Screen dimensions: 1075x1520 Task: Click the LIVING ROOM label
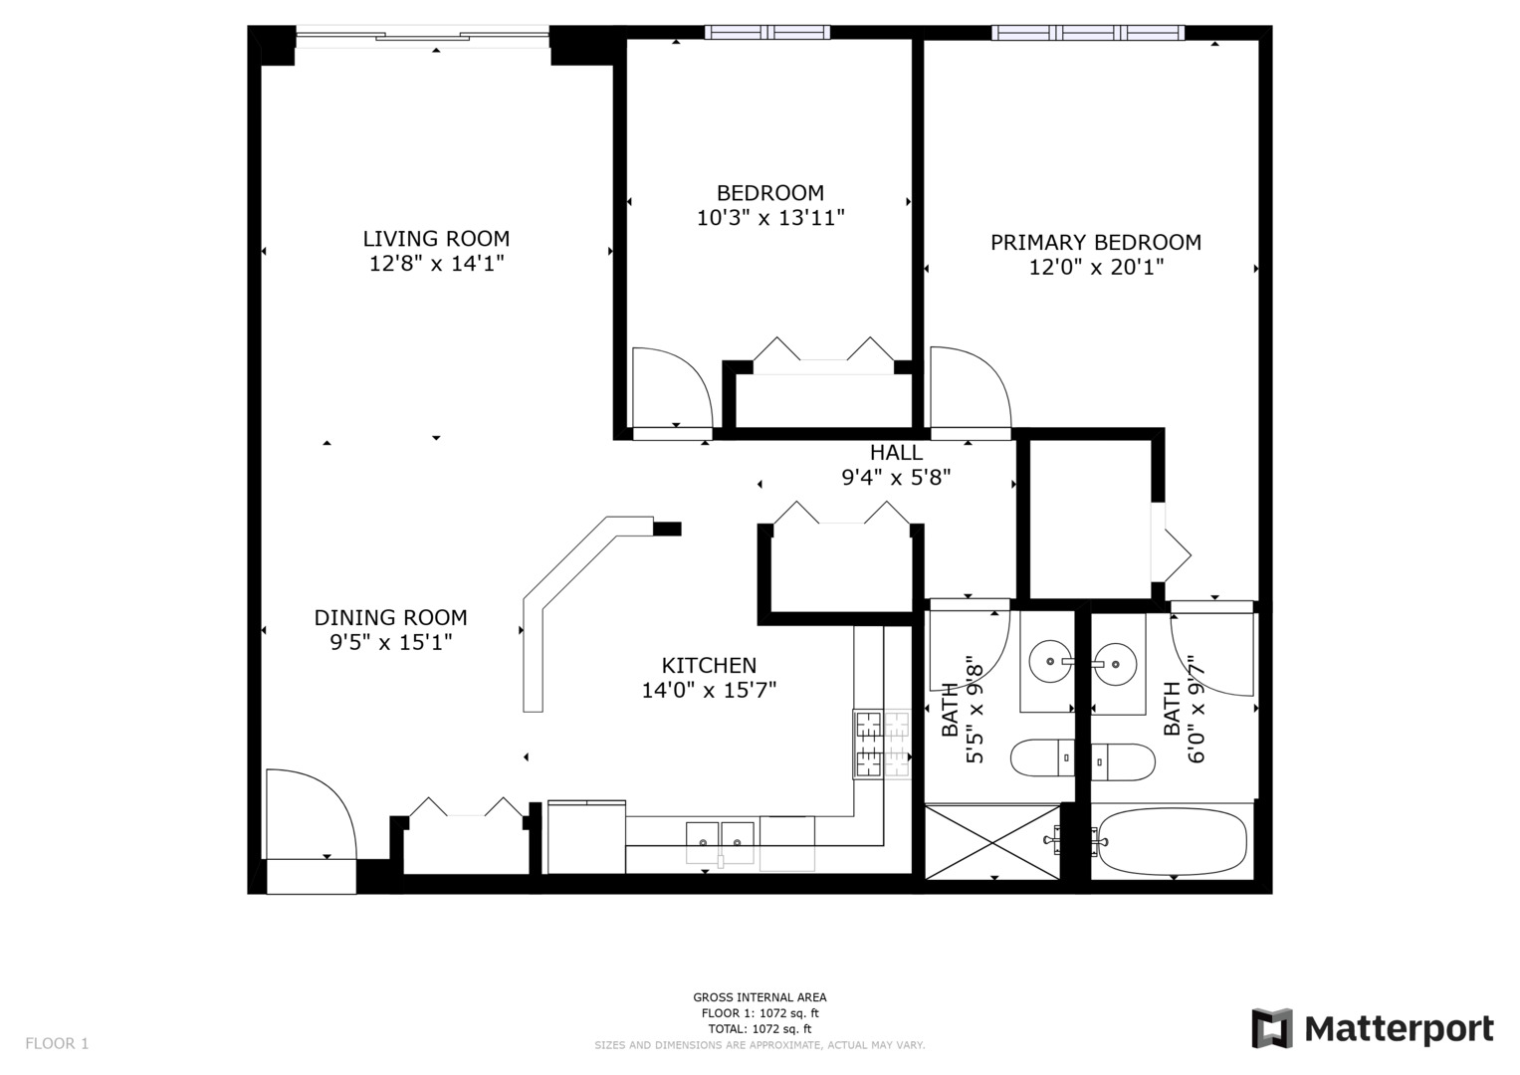click(436, 239)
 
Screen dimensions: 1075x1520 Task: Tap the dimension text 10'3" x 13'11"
click(770, 218)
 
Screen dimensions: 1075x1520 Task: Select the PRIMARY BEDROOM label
click(1095, 242)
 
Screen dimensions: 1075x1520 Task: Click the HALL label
click(896, 453)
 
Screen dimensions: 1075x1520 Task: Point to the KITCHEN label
click(709, 665)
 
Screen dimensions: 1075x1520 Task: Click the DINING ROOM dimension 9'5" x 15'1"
click(391, 643)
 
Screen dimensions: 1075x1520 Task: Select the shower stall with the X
click(992, 842)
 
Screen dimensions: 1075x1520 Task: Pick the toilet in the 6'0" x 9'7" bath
click(1124, 761)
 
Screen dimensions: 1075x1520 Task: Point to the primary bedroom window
click(1088, 33)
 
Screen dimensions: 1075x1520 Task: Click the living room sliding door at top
click(423, 38)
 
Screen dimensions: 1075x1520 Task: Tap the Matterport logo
click(1373, 1028)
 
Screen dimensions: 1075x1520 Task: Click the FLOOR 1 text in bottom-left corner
click(57, 1043)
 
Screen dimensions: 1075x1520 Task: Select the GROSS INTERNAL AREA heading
click(760, 997)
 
